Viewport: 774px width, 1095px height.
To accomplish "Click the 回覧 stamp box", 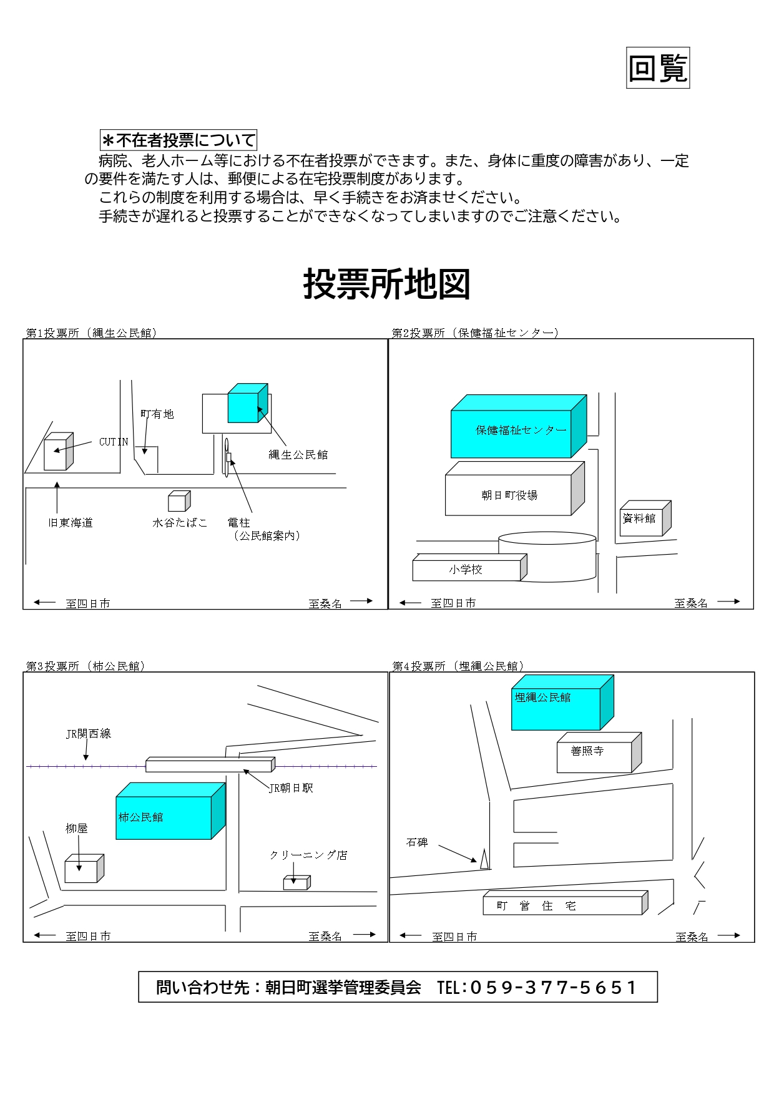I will point(658,68).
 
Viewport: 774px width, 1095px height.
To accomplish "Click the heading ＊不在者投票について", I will point(179,140).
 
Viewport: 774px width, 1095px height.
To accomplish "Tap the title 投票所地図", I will point(386,285).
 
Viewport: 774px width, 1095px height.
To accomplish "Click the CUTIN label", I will point(114,442).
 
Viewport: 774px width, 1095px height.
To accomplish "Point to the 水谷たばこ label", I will point(180,523).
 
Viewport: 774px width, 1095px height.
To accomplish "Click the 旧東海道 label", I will point(71,523).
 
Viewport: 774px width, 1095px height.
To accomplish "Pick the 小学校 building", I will point(466,570).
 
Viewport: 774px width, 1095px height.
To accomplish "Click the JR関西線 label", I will point(89,734).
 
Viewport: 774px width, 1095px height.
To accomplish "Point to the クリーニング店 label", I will point(308,855).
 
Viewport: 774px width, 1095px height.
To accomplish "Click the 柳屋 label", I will point(77,829).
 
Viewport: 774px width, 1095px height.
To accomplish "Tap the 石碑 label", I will point(417,842).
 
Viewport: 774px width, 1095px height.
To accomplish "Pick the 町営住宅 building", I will point(562,906).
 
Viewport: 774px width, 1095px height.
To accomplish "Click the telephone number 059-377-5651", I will point(553,988).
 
